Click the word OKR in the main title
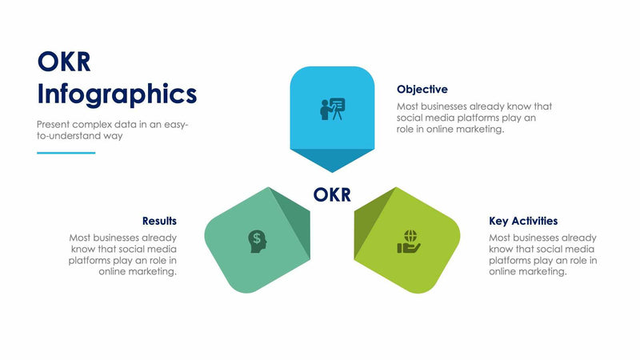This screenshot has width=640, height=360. (64, 62)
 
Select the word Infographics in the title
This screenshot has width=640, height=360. (117, 94)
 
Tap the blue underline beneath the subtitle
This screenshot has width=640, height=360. (66, 153)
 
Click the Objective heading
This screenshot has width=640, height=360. (422, 90)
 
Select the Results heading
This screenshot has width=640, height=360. (159, 221)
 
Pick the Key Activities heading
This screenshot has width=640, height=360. (523, 221)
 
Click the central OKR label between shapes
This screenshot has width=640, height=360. (331, 194)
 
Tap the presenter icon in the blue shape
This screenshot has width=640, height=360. (332, 109)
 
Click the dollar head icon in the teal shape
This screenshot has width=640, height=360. (257, 239)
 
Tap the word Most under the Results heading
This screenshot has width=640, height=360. (80, 238)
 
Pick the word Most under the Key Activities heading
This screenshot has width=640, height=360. (500, 238)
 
